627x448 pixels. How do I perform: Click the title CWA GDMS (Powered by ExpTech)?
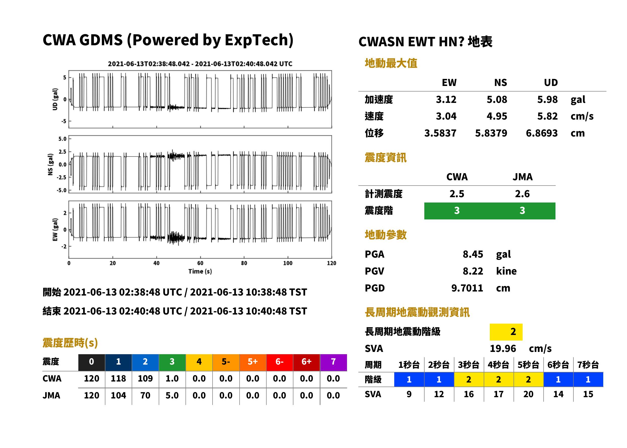click(168, 40)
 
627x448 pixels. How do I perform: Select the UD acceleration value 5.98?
click(547, 100)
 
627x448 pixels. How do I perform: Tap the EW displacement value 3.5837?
click(440, 133)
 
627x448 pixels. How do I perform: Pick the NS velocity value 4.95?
click(497, 116)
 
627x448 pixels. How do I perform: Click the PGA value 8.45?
click(473, 254)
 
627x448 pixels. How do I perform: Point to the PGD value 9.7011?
click(467, 288)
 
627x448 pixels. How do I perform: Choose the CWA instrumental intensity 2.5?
click(457, 194)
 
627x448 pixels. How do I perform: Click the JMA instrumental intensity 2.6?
click(522, 194)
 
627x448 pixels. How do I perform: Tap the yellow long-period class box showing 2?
click(506, 332)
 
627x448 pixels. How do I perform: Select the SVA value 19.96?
click(503, 349)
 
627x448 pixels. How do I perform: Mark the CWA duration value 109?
click(145, 378)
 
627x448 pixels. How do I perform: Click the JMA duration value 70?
click(145, 396)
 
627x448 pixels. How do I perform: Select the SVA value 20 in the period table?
click(528, 394)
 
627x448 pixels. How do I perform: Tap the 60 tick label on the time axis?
click(200, 263)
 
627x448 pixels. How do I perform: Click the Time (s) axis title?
click(200, 272)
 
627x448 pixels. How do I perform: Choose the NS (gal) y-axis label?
click(50, 164)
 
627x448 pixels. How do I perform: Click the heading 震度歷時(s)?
click(70, 343)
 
